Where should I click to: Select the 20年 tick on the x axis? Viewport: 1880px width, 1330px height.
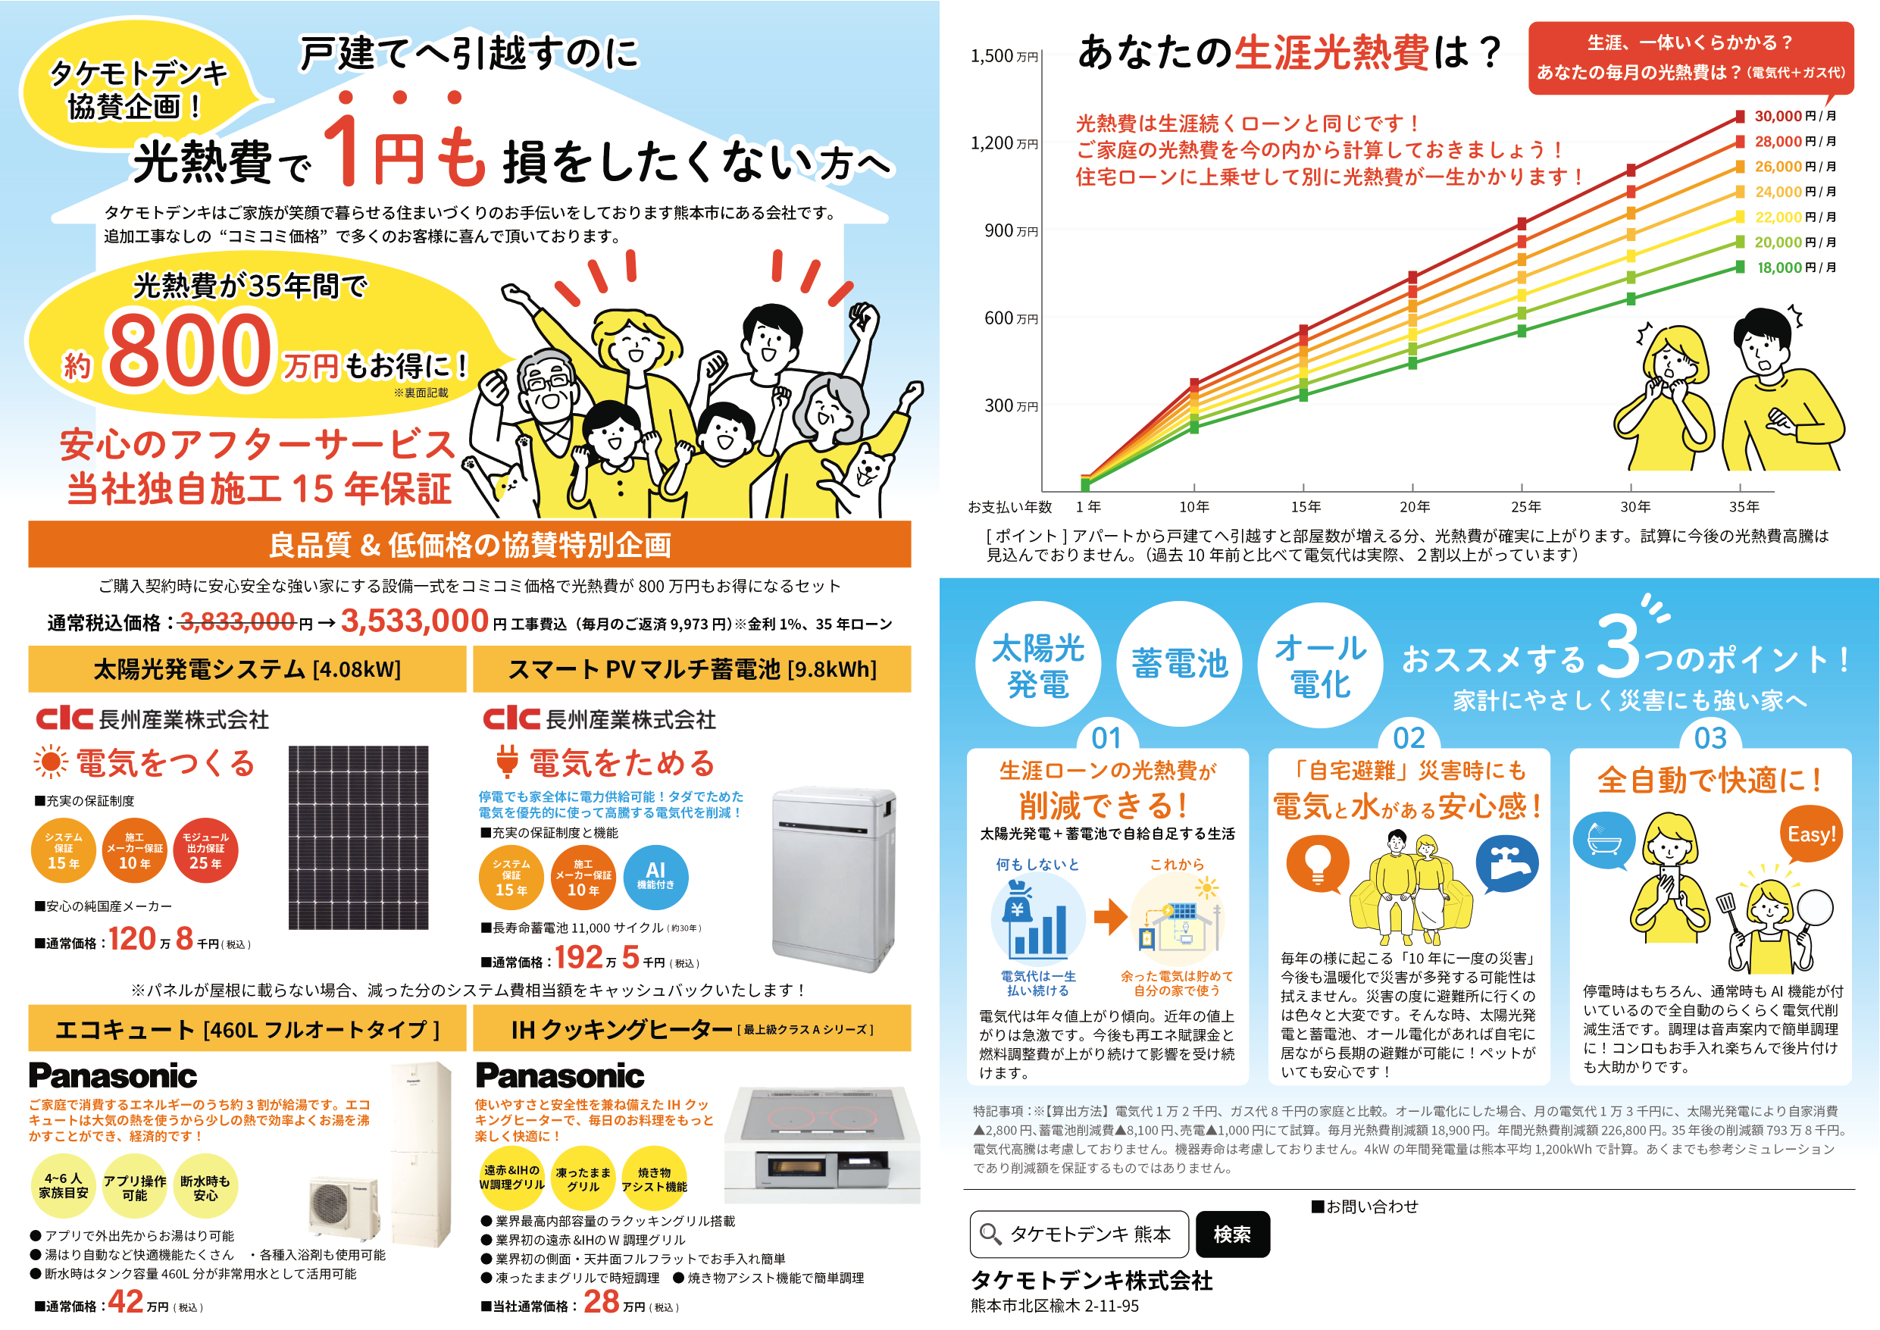click(1415, 507)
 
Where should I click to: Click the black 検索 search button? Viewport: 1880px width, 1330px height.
click(1232, 1235)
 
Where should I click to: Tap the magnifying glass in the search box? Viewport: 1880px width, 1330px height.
click(990, 1235)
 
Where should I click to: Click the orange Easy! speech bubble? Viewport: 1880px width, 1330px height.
click(1811, 835)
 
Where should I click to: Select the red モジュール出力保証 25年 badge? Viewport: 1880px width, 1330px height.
click(205, 850)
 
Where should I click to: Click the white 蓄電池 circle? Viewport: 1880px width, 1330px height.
click(1179, 663)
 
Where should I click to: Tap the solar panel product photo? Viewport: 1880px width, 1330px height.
click(358, 837)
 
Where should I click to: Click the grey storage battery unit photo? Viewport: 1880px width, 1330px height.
click(834, 878)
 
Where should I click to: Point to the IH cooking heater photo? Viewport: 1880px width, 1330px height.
click(822, 1144)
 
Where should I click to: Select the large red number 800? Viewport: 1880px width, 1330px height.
click(189, 352)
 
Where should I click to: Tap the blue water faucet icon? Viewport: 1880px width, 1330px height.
click(1506, 865)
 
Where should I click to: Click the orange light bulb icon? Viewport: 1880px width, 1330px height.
click(1318, 864)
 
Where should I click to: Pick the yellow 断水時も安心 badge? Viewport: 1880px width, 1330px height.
click(205, 1188)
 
